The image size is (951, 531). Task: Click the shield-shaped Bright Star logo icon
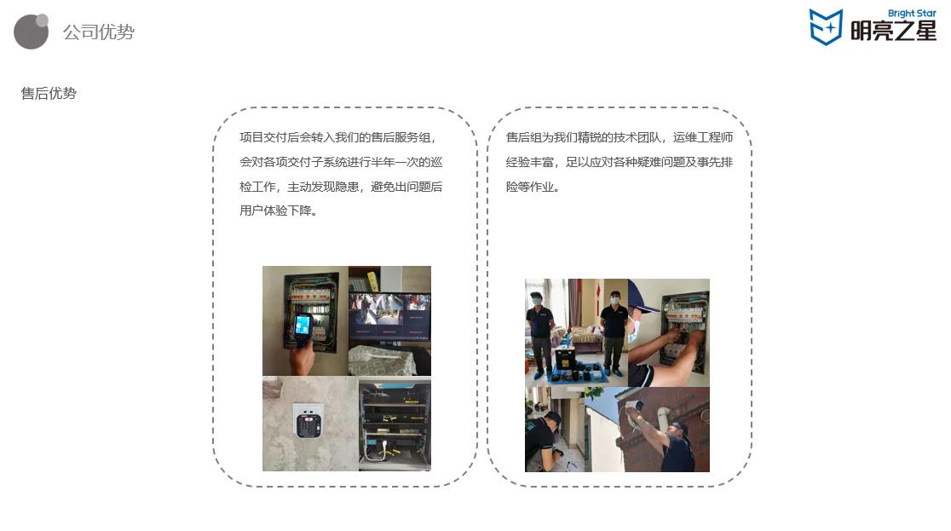pyautogui.click(x=825, y=26)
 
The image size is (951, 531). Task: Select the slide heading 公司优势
pyautogui.click(x=98, y=32)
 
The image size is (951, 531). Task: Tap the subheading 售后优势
pyautogui.click(x=49, y=94)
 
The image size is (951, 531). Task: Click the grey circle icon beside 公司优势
pyautogui.click(x=32, y=32)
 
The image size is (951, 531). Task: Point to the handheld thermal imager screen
pyautogui.click(x=303, y=325)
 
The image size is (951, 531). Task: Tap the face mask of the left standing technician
pyautogui.click(x=537, y=300)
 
